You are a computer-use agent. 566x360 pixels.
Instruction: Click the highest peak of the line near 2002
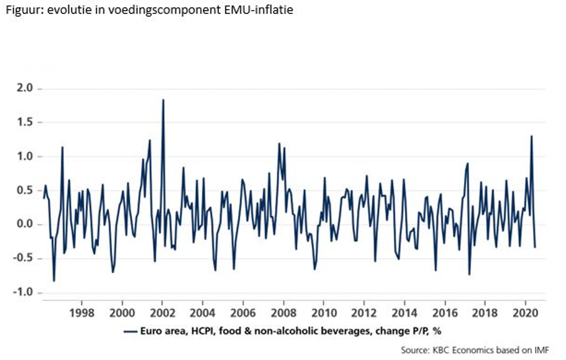163,100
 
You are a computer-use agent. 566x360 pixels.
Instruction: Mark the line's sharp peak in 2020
531,136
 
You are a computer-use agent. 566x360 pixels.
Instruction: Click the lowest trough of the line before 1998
54,280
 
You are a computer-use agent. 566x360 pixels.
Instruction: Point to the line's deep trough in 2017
469,274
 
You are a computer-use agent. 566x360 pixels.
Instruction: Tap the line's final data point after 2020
535,246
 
